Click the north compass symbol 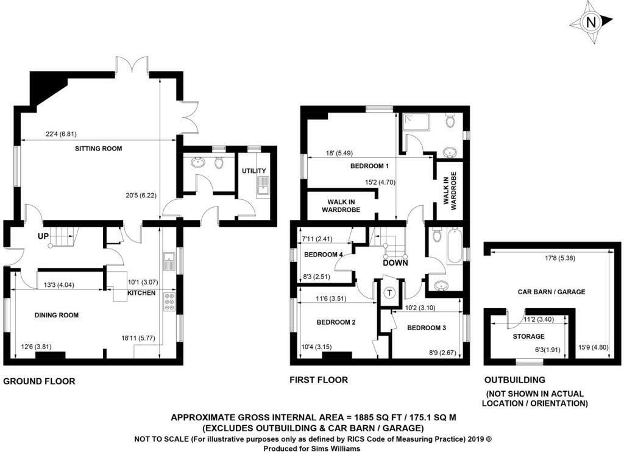click(x=589, y=23)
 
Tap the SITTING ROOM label click(x=98, y=149)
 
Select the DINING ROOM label click(x=56, y=315)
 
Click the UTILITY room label click(x=254, y=171)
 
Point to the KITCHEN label click(x=141, y=294)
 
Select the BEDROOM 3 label click(x=427, y=328)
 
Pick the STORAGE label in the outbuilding click(x=528, y=336)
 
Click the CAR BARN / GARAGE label click(x=551, y=292)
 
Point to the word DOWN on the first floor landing click(x=395, y=263)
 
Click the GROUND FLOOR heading click(x=40, y=381)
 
